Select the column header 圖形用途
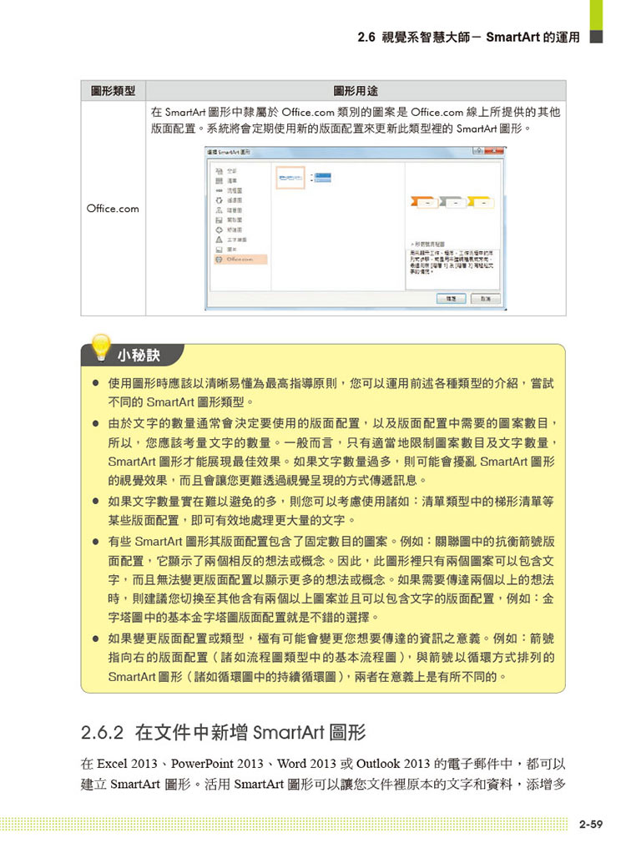point(356,90)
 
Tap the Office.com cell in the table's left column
point(113,209)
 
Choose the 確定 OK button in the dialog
point(451,299)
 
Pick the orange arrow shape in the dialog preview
point(427,202)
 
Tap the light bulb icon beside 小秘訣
point(100,347)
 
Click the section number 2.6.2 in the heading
point(103,734)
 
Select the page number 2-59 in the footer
point(591,825)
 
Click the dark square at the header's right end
point(596,38)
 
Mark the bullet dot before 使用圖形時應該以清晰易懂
point(97,385)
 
